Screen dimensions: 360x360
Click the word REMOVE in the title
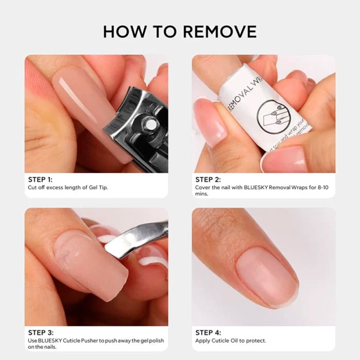pos(220,31)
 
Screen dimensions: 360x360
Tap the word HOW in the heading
pos(125,31)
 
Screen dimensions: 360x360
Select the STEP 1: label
pos(40,180)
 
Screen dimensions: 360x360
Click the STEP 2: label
pos(208,180)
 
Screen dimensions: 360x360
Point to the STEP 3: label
pos(40,333)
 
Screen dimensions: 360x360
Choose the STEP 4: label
pos(208,333)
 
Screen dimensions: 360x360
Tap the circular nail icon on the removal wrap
pos(274,117)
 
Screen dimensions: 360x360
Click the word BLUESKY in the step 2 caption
pos(256,187)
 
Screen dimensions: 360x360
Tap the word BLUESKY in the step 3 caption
pos(50,341)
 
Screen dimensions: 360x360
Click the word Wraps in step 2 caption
pos(299,188)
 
